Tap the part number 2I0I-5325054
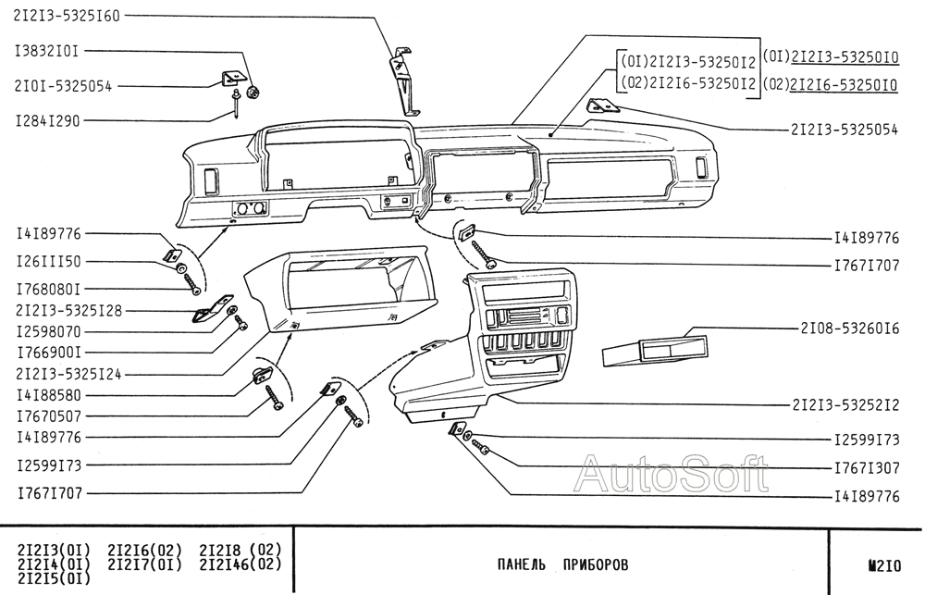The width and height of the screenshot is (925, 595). click(63, 86)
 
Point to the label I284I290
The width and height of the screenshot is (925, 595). click(48, 121)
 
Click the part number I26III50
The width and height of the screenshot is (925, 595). click(48, 261)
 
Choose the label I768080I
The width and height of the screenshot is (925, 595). click(48, 289)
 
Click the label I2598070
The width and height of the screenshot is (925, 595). click(48, 329)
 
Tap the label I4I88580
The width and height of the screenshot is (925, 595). click(48, 394)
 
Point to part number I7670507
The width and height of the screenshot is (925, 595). click(48, 415)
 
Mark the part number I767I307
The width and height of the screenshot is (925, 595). click(867, 468)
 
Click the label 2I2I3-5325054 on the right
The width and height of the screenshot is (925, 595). click(845, 130)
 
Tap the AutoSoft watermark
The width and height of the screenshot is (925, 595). click(671, 474)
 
